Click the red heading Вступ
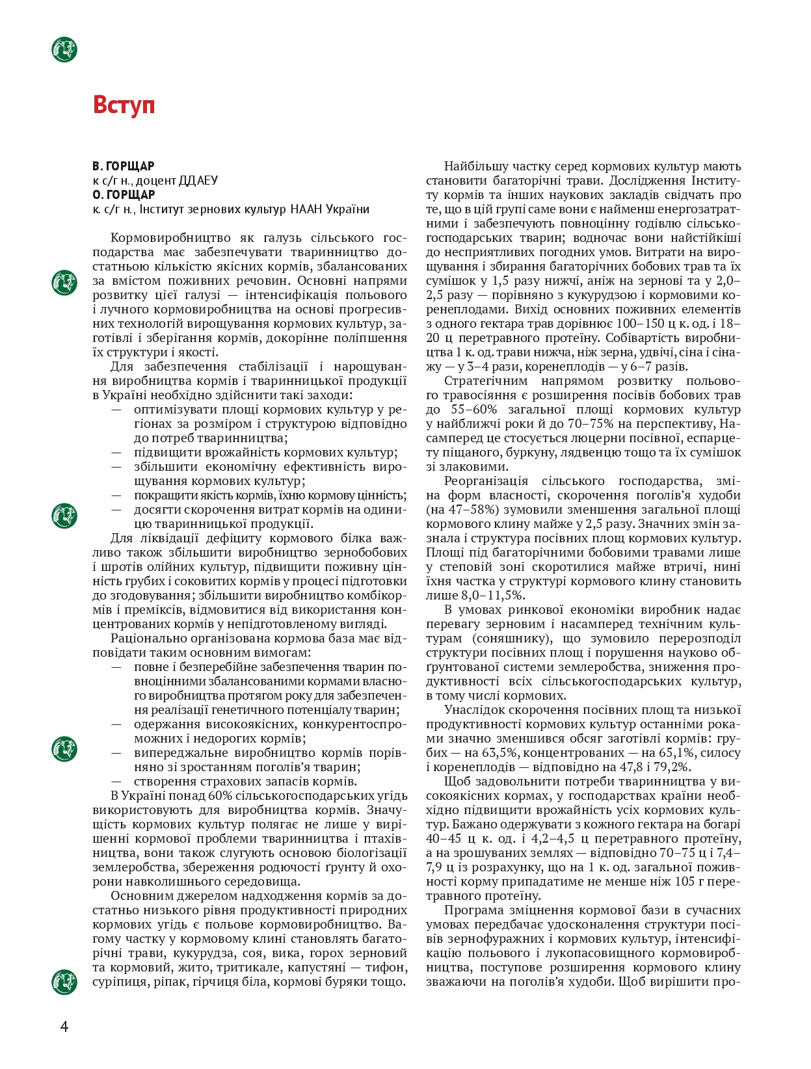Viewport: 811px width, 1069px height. (124, 105)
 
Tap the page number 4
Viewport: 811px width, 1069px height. (64, 1027)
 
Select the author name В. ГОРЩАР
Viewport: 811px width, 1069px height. (124, 166)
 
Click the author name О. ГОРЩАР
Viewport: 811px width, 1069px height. (124, 195)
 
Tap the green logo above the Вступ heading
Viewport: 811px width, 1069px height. (64, 49)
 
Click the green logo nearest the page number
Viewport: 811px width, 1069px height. (64, 981)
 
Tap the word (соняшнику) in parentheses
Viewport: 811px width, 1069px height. (510, 639)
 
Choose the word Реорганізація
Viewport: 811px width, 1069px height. (486, 481)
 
